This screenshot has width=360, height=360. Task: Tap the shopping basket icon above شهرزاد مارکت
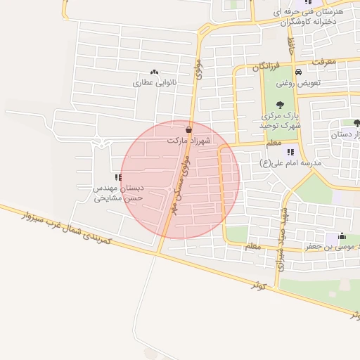(x=188, y=130)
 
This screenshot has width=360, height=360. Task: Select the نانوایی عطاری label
(x=153, y=82)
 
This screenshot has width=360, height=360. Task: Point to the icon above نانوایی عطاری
(x=154, y=72)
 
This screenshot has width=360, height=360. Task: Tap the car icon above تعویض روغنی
(x=299, y=72)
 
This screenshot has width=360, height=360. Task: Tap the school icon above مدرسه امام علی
(x=290, y=152)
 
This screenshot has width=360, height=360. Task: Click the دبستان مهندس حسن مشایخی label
(x=120, y=193)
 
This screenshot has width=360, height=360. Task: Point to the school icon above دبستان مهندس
(x=117, y=178)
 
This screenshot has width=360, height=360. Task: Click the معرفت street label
(x=323, y=63)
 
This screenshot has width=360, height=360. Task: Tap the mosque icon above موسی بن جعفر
(x=342, y=236)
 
